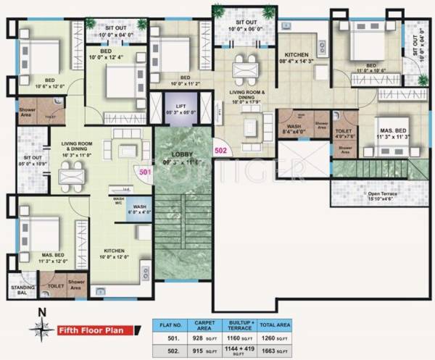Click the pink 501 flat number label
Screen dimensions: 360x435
tap(145, 172)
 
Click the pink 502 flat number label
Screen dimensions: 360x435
tap(220, 151)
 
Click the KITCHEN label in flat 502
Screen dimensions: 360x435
tap(298, 58)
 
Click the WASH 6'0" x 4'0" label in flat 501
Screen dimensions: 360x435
tap(138, 209)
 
